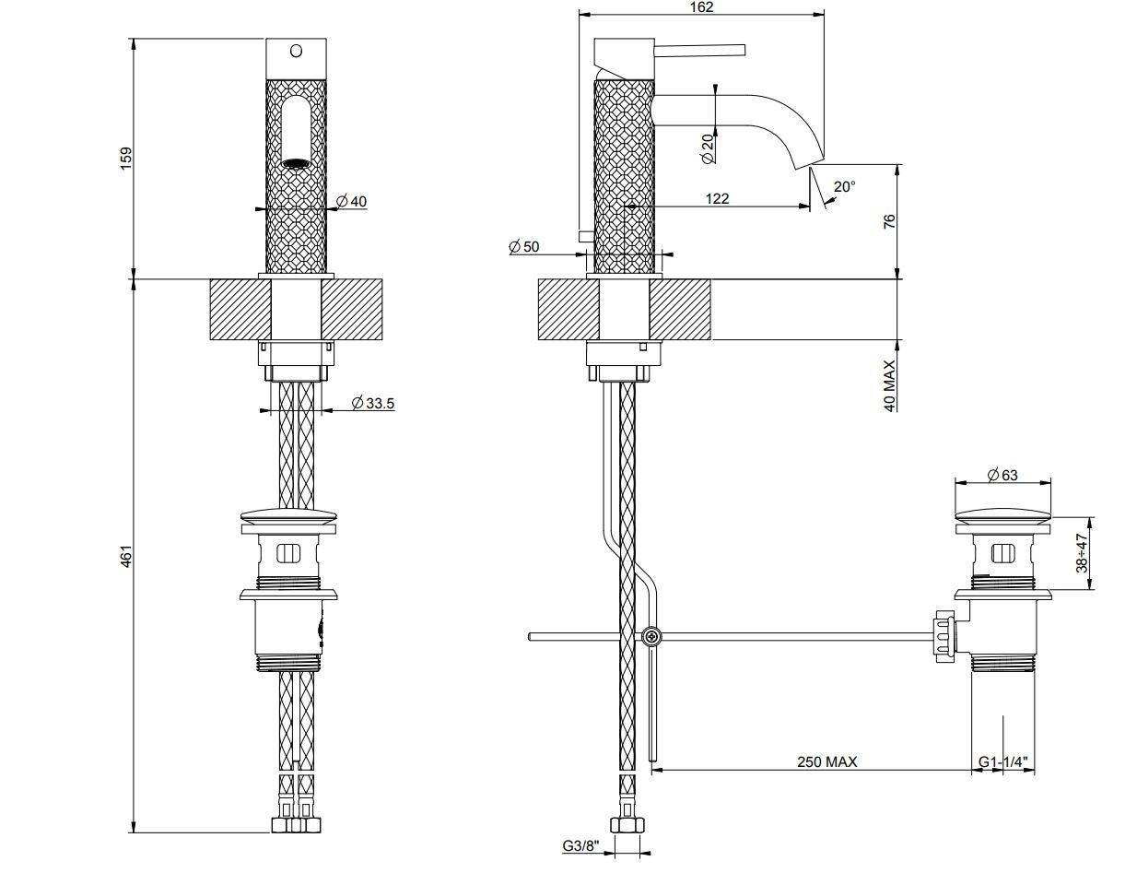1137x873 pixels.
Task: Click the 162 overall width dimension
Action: click(701, 7)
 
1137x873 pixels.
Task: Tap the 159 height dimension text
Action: click(127, 157)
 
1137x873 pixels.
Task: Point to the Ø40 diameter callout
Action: click(351, 201)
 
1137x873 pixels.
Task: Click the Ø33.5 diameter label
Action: click(373, 403)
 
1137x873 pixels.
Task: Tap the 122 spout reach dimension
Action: click(717, 198)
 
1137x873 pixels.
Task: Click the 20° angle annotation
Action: click(843, 186)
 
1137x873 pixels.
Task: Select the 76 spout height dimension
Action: click(889, 222)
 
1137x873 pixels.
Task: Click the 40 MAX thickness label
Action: click(889, 385)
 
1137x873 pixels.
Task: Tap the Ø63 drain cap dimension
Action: click(1002, 475)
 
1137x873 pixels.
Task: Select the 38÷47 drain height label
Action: click(1082, 551)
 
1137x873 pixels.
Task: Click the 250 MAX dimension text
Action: click(826, 761)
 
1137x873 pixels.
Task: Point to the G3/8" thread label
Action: click(581, 844)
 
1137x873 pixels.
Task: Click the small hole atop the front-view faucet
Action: click(297, 51)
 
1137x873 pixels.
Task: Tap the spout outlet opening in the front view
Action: click(297, 163)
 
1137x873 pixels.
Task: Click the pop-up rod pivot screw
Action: click(651, 635)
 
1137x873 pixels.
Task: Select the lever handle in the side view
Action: click(699, 51)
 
